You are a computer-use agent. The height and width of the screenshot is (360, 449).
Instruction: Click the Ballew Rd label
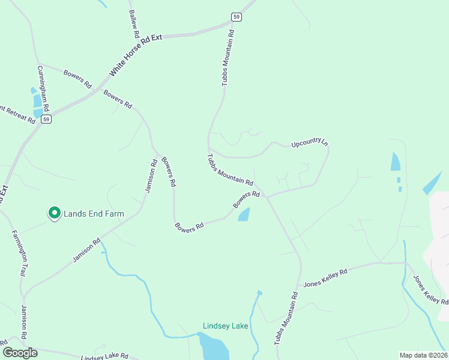[133, 21]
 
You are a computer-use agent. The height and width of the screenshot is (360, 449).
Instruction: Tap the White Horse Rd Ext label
[136, 55]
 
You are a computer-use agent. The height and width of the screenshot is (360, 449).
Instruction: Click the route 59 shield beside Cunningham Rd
[46, 119]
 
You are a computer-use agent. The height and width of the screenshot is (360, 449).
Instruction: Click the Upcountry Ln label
[310, 144]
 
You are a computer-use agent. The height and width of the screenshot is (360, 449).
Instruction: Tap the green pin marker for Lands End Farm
[54, 213]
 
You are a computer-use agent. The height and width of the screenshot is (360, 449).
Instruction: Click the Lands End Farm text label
[94, 214]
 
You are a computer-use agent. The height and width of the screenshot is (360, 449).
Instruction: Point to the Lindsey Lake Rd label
[104, 356]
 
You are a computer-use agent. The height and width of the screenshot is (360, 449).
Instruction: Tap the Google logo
[20, 353]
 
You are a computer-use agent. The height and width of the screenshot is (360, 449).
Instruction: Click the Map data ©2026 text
[423, 355]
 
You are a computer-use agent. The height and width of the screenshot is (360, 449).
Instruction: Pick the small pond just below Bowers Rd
[244, 214]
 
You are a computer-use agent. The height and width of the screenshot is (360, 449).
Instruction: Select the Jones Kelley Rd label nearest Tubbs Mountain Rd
[325, 277]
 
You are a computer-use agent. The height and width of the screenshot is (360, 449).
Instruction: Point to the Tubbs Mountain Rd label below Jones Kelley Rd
[286, 318]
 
